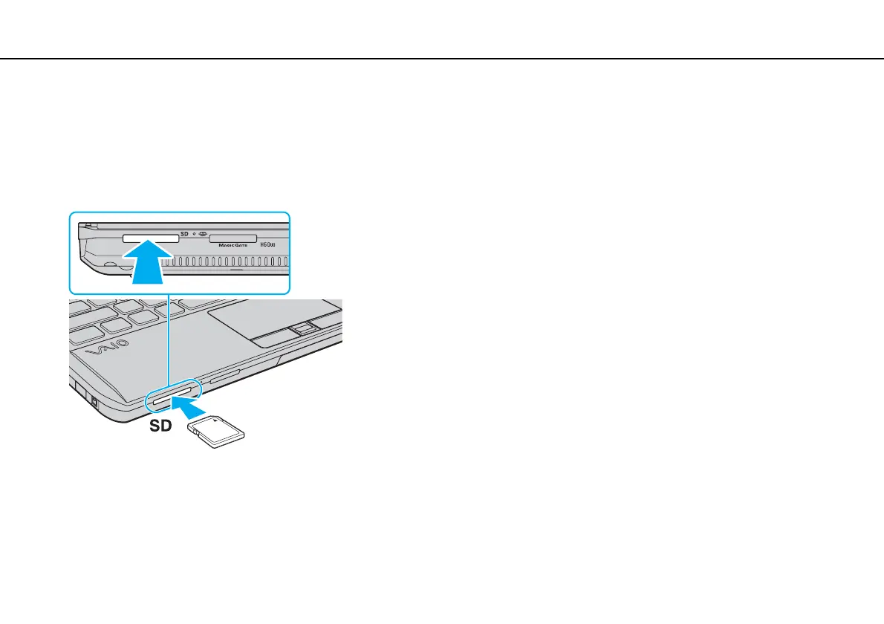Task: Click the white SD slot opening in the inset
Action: click(x=149, y=238)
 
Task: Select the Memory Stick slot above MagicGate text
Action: click(x=233, y=238)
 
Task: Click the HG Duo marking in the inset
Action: click(x=270, y=244)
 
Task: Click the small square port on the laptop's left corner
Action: click(x=94, y=400)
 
